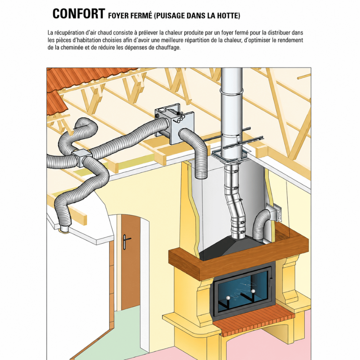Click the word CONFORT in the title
pos(79,14)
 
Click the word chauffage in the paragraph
pos(168,48)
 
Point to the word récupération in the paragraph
pos(68,33)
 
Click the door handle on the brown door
pos(125,242)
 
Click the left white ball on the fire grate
pos(229,298)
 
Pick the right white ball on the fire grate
pos(253,291)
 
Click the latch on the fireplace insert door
pos(271,280)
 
